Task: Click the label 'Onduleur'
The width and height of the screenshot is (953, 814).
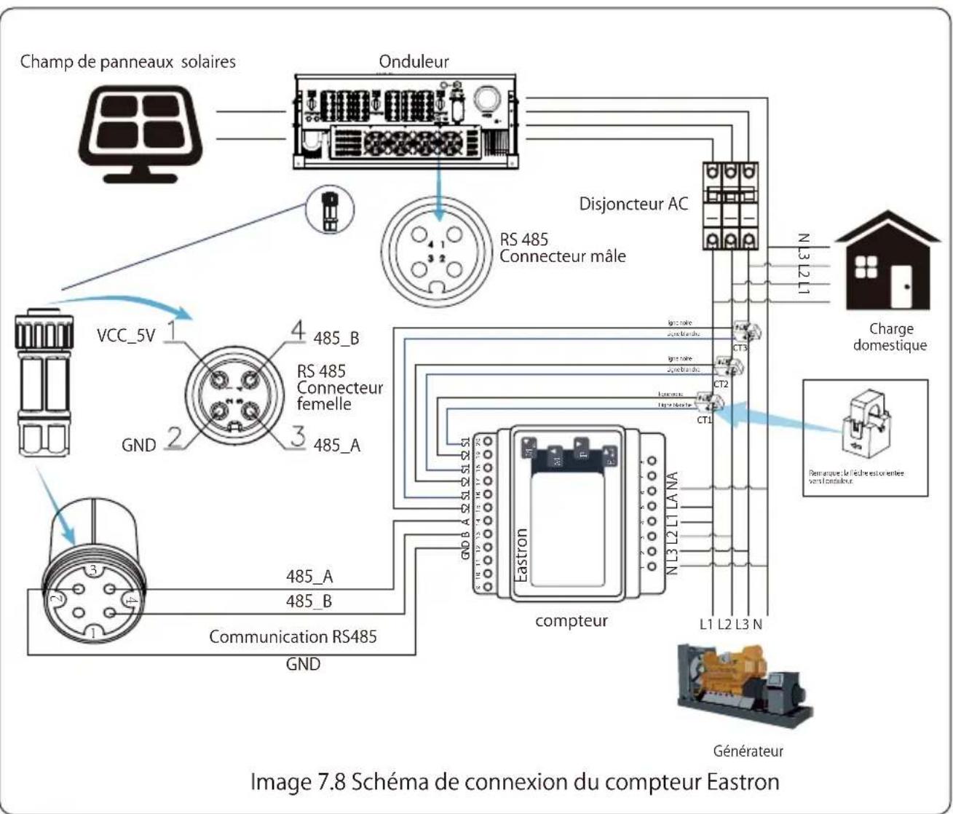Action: pos(414,62)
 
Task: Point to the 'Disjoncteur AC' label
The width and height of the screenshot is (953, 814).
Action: pos(633,204)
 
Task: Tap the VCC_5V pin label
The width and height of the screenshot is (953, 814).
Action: pos(126,336)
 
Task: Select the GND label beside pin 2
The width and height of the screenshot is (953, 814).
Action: pos(138,445)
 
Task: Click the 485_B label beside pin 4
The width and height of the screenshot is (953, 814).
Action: pos(336,339)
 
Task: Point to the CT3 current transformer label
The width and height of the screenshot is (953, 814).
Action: pos(740,348)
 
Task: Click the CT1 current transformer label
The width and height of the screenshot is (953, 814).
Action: pos(704,419)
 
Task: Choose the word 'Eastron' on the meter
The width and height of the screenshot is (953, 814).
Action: pos(521,555)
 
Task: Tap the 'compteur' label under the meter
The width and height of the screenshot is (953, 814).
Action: pos(571,621)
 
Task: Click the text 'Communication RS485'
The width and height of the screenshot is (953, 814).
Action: pos(293,637)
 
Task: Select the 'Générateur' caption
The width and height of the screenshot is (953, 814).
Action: pos(748,751)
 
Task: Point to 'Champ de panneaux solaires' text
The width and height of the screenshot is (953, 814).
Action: pos(128,62)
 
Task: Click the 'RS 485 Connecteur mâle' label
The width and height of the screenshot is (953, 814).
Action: pos(562,248)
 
